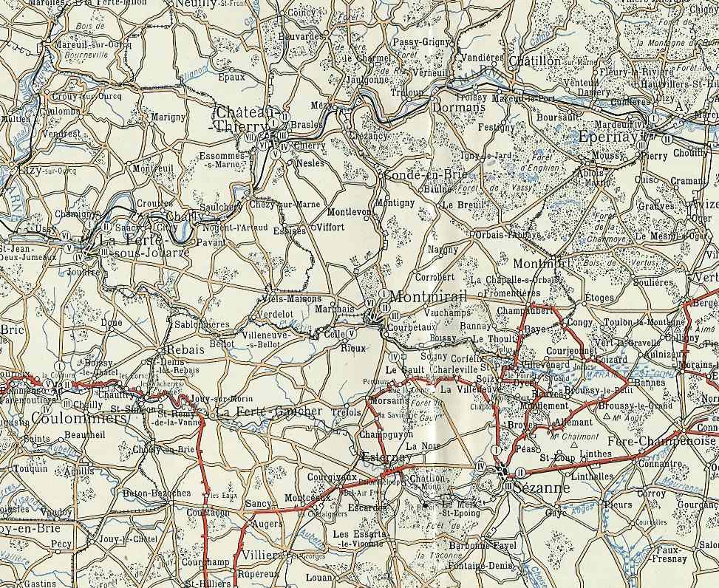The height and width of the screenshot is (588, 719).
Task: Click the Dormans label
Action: (458, 107)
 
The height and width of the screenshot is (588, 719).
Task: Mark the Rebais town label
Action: (180, 350)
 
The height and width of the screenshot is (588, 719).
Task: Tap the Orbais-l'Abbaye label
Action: (508, 235)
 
